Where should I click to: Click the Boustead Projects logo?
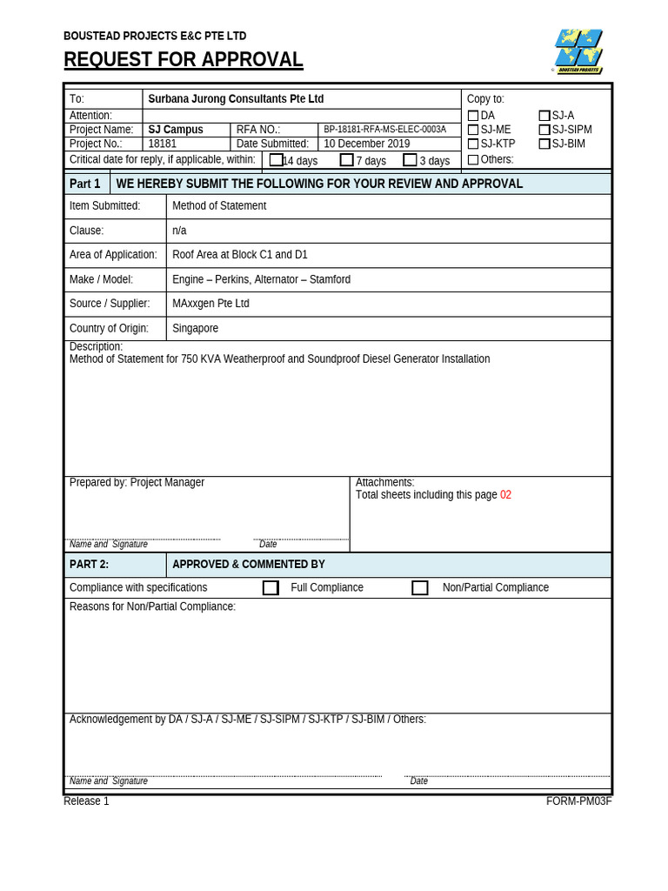tap(578, 50)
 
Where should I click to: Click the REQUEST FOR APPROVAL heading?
tap(184, 60)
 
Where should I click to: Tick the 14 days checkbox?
tap(276, 160)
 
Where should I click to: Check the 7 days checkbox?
tap(346, 160)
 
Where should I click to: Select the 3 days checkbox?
tap(410, 160)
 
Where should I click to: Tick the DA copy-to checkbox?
tap(473, 116)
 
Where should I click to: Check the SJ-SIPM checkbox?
tap(544, 130)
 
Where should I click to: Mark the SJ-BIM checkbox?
tap(544, 144)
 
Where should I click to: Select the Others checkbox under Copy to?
tap(473, 159)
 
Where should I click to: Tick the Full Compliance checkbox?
tap(271, 587)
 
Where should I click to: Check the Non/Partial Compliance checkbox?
tap(420, 587)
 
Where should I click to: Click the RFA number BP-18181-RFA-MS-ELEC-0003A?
tap(384, 130)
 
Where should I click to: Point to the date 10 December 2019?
tap(367, 144)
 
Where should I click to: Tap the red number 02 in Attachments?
tap(505, 495)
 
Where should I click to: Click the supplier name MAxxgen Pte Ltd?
tap(210, 304)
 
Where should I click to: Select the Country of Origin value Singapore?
tap(195, 328)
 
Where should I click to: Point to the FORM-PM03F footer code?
tap(578, 801)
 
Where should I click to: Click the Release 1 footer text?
tap(86, 801)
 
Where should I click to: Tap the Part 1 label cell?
tap(85, 184)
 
